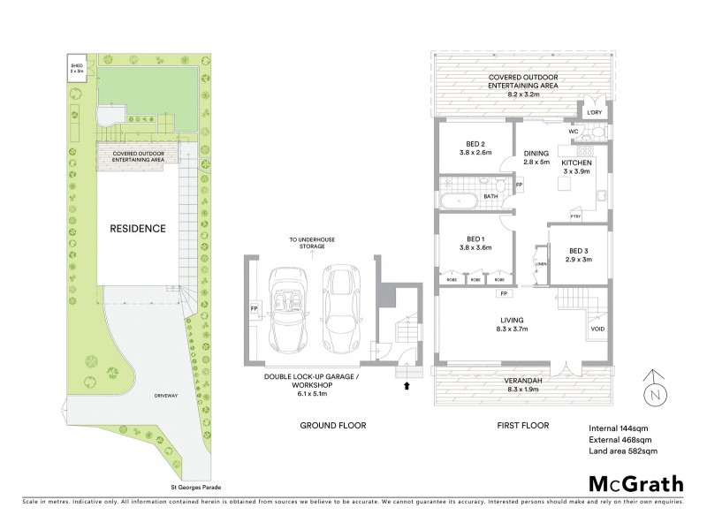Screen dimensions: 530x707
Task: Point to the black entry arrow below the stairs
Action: point(407,386)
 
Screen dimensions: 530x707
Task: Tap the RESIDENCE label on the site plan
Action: point(137,229)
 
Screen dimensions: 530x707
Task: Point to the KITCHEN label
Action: point(575,164)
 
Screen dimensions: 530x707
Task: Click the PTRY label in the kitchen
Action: point(574,216)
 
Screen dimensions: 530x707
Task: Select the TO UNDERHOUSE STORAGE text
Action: point(306,243)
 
